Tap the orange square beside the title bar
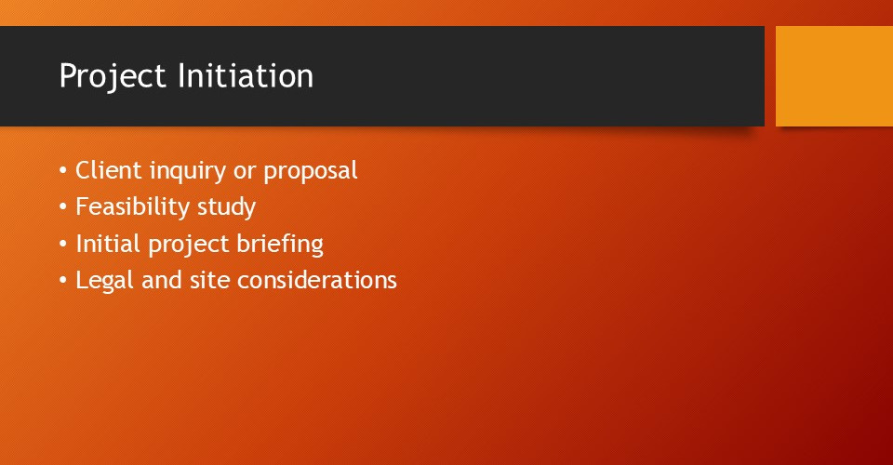(x=834, y=75)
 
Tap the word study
(x=226, y=207)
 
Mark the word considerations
(x=316, y=280)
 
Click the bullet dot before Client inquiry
(x=62, y=172)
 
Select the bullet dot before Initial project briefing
(x=62, y=245)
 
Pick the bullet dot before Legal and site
(x=62, y=281)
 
